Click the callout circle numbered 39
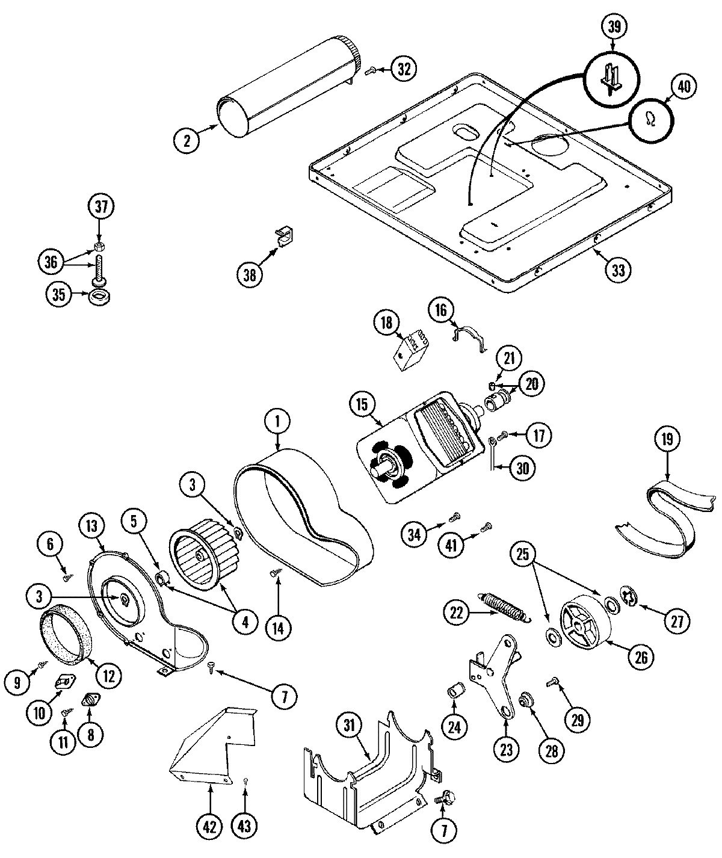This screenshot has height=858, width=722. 613,26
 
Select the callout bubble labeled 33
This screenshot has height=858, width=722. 618,270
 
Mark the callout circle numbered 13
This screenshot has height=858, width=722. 91,525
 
